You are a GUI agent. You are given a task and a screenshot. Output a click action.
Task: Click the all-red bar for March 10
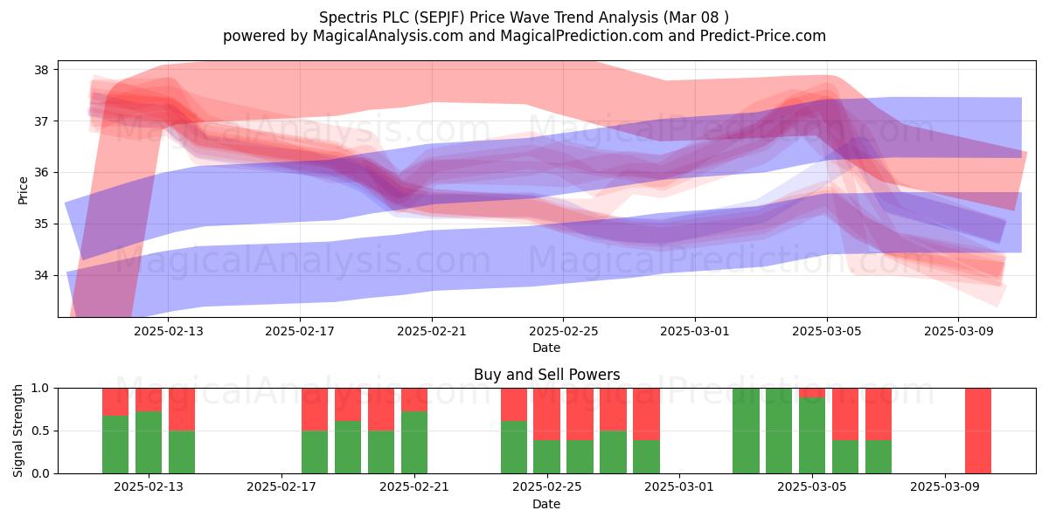(978, 431)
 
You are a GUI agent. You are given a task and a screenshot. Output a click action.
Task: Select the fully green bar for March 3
(746, 431)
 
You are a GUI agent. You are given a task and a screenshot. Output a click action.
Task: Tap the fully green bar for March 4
(779, 431)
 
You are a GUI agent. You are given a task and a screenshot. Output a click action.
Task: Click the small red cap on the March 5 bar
(812, 393)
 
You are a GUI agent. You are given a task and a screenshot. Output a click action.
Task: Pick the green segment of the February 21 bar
(414, 442)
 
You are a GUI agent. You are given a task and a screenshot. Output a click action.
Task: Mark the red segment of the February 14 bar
(182, 410)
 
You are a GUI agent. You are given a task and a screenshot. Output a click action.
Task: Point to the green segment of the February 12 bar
(115, 445)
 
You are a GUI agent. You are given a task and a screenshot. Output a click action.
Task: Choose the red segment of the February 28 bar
(646, 414)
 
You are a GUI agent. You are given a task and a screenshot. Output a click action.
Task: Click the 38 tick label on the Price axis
(41, 70)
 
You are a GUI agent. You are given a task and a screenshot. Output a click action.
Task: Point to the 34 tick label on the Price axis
(41, 275)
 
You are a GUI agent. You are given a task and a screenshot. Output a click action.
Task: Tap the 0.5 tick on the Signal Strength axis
(40, 431)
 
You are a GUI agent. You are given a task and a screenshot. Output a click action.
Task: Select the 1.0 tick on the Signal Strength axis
(40, 389)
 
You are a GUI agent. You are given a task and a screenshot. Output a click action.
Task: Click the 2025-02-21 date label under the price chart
(432, 331)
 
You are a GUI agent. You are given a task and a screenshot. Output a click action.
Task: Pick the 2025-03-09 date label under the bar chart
(945, 487)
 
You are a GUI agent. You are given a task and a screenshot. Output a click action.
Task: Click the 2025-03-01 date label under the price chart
(695, 331)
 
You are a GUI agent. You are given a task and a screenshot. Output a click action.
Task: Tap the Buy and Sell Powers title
(547, 375)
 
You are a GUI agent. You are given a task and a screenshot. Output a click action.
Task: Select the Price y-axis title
(23, 191)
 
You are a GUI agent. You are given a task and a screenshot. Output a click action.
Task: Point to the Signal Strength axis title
(17, 431)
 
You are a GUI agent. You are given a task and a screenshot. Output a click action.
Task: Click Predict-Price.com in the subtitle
(763, 36)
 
